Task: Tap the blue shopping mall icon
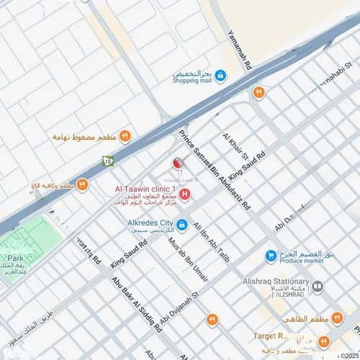pyautogui.click(x=220, y=74)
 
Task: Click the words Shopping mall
pyautogui.click(x=193, y=82)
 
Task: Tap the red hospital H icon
pyautogui.click(x=185, y=194)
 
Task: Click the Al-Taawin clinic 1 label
pyautogui.click(x=146, y=189)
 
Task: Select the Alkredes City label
pyautogui.click(x=144, y=223)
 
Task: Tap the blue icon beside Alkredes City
pyautogui.click(x=182, y=225)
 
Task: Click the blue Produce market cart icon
pyautogui.click(x=271, y=256)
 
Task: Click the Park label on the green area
pyautogui.click(x=16, y=257)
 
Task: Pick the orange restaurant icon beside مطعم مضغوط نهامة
pyautogui.click(x=125, y=135)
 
